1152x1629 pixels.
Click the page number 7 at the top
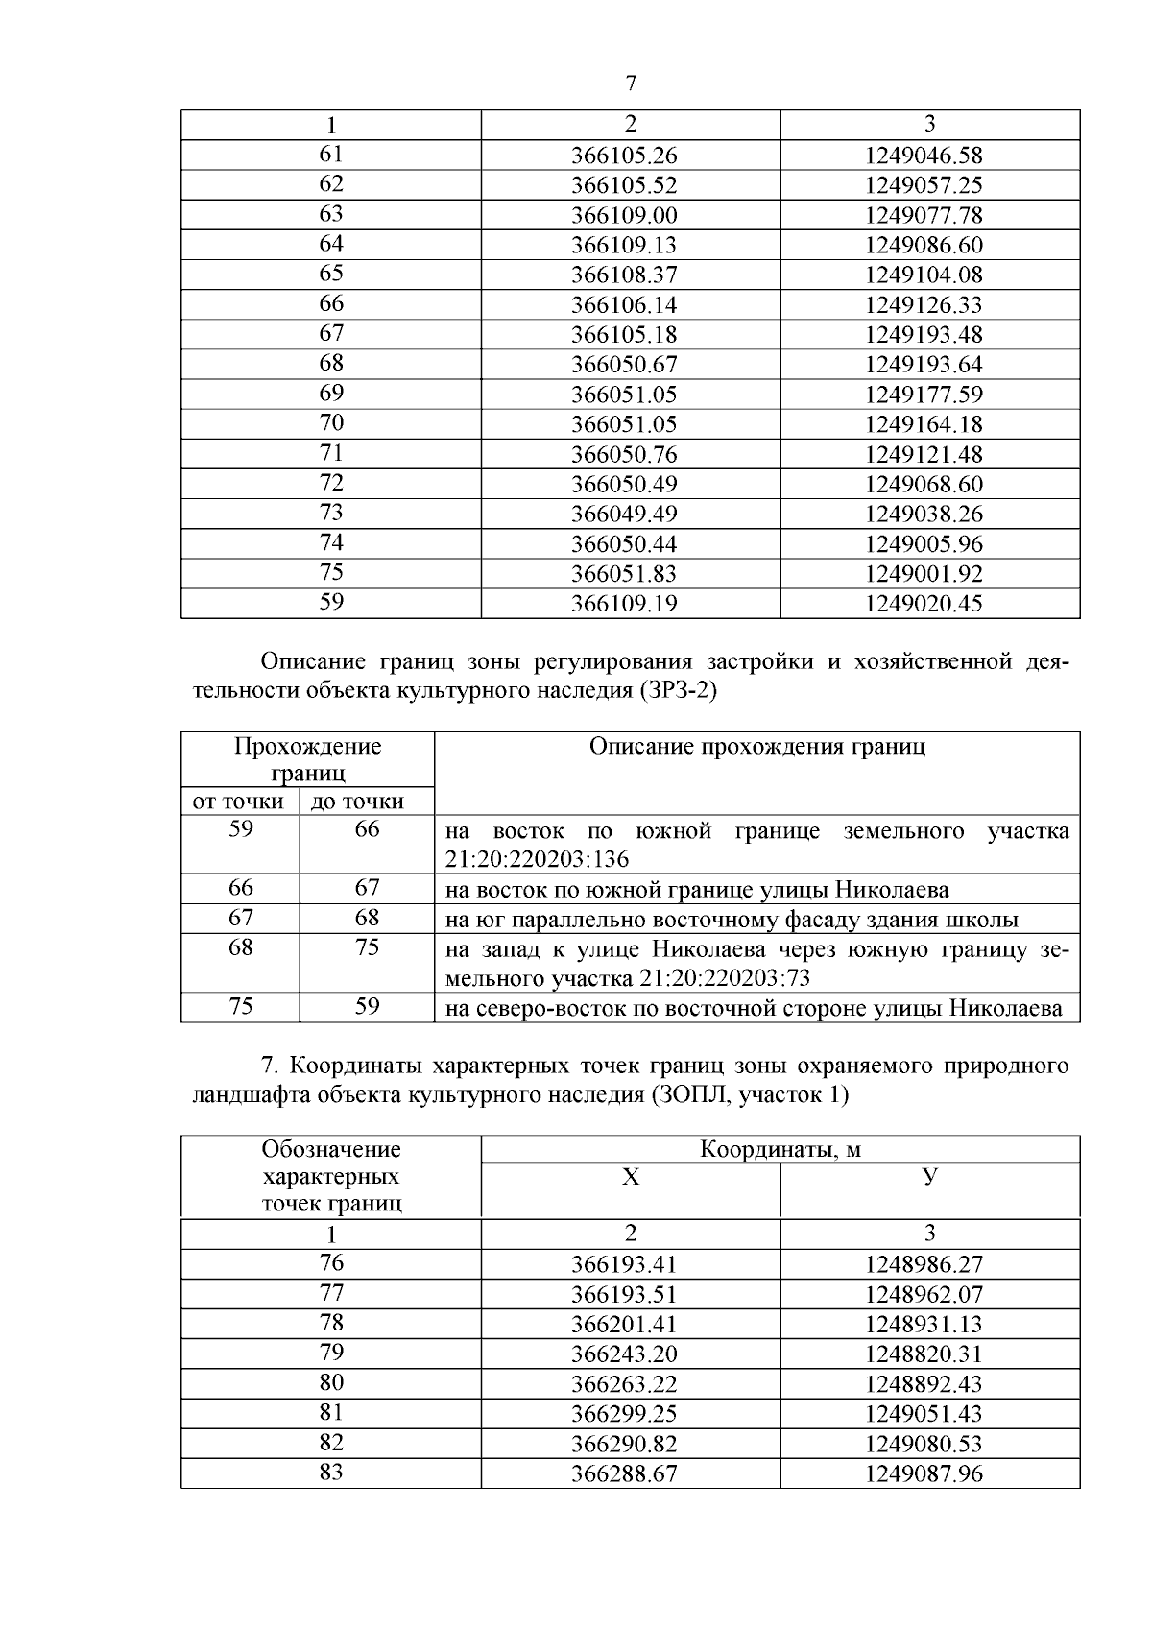(630, 84)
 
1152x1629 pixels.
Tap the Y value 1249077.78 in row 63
(924, 215)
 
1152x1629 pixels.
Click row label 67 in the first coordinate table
(331, 334)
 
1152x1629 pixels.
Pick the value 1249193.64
(924, 365)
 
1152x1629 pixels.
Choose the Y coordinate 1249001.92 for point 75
(924, 574)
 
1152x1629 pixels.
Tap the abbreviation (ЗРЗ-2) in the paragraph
(677, 690)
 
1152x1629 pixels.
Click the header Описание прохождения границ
(756, 747)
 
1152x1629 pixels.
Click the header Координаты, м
(780, 1149)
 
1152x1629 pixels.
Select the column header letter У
(929, 1177)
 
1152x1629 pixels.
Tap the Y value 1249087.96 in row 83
(924, 1474)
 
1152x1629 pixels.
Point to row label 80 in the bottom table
(331, 1383)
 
